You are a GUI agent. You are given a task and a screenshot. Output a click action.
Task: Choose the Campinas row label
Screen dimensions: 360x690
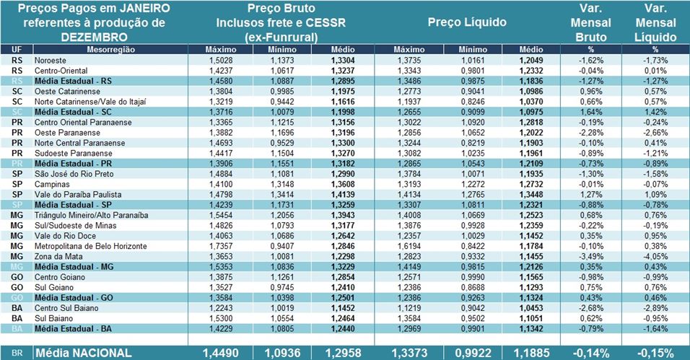pos(51,184)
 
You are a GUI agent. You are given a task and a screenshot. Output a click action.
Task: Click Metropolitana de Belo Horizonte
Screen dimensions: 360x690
pos(88,246)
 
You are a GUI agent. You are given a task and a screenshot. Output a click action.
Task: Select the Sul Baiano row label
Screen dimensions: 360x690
pos(52,318)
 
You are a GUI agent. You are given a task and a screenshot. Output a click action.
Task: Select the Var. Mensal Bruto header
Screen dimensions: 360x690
pos(591,22)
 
